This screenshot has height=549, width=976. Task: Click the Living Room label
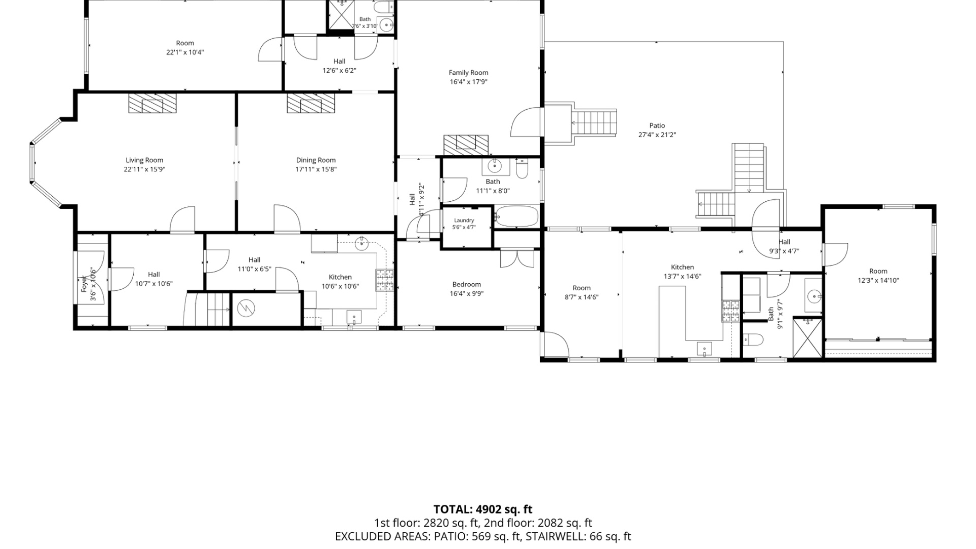(144, 160)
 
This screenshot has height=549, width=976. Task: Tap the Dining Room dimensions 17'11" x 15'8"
(316, 169)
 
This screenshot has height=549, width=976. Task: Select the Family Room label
(468, 73)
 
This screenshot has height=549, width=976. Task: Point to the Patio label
(657, 126)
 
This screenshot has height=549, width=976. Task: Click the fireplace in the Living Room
(152, 103)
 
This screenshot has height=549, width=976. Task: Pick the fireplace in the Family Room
(466, 145)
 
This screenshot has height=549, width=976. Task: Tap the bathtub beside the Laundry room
(516, 217)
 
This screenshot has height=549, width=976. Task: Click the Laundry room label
(464, 221)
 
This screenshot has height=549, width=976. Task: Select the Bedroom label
(466, 285)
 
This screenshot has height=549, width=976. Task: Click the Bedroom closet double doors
(517, 258)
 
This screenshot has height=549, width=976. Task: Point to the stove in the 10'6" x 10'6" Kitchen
(385, 280)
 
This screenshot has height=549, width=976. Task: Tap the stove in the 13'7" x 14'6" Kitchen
(730, 311)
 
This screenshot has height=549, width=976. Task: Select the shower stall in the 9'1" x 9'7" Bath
(807, 338)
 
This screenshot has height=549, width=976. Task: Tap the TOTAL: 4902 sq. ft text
(482, 509)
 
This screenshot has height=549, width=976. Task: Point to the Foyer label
(84, 284)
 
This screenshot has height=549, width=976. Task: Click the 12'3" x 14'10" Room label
(878, 271)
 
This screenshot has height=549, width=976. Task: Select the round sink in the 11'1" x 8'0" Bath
(493, 166)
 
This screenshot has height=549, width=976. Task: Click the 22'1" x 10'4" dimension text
(185, 52)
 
